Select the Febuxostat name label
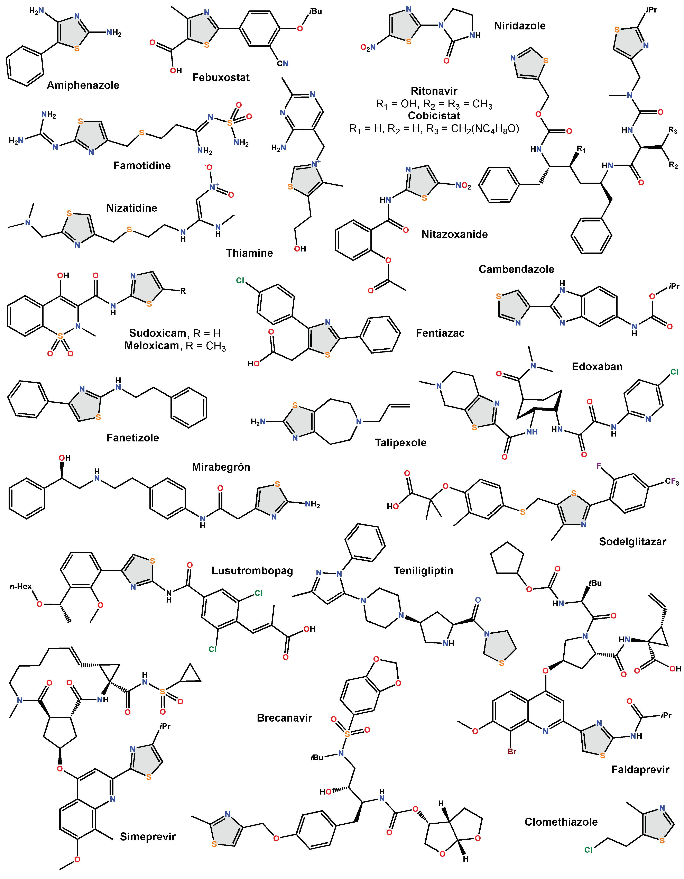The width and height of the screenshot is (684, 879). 221,78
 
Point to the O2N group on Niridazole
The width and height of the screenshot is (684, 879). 368,48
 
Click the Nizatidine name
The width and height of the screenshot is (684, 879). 132,208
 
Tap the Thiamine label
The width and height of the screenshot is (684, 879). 249,253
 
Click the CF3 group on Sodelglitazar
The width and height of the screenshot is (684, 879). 672,482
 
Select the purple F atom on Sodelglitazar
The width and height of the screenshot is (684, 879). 599,466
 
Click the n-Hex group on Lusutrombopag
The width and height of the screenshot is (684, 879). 20,586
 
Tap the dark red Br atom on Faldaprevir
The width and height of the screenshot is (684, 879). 512,751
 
